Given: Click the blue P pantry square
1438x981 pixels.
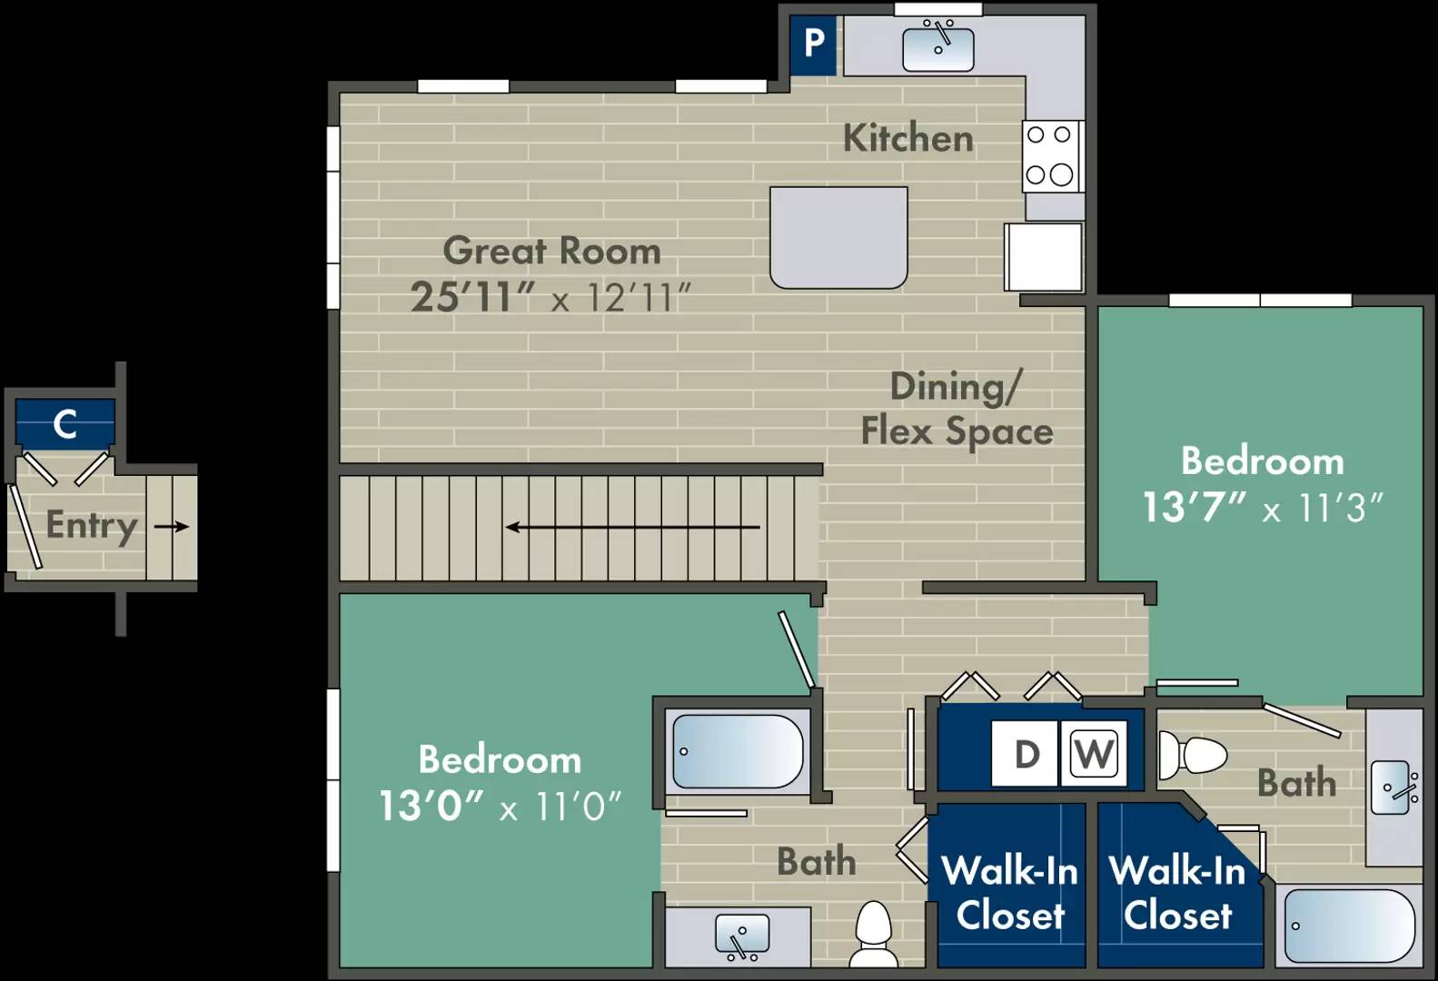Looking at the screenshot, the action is (x=813, y=45).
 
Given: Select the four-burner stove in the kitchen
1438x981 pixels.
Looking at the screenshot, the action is (x=1050, y=156).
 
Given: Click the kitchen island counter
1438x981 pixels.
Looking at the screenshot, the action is (x=838, y=238).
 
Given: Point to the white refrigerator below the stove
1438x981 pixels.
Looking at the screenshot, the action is (x=1043, y=257).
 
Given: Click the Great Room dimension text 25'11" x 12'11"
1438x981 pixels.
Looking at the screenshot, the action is (x=550, y=297).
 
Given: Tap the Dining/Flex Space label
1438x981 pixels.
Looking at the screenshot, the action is (x=957, y=409).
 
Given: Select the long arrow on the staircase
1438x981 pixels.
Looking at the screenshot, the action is (x=632, y=527).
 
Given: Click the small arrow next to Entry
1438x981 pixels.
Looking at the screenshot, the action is (x=172, y=527).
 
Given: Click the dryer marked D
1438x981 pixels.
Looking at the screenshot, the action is (x=1025, y=753).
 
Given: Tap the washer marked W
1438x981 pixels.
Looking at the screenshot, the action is (x=1094, y=753).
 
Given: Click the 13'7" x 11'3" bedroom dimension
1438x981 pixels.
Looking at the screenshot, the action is (x=1262, y=508).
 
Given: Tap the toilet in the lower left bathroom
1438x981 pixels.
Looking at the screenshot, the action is (x=874, y=934).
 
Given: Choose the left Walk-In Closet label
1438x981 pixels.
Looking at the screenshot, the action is (x=1010, y=893).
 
